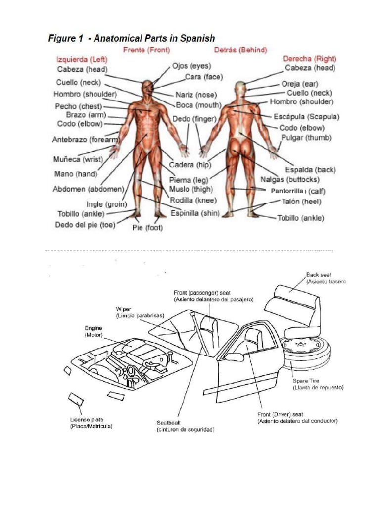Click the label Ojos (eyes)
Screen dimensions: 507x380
(x=191, y=66)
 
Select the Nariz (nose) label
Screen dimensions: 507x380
(x=195, y=95)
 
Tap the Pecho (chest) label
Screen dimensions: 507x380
(x=79, y=106)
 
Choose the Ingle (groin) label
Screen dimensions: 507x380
(x=107, y=204)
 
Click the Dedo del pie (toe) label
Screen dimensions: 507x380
(x=85, y=225)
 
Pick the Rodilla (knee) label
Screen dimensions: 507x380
(x=191, y=200)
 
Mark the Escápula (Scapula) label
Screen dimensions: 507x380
(x=306, y=117)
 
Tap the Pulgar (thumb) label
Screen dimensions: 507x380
(x=306, y=138)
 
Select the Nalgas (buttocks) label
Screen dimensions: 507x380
(x=290, y=179)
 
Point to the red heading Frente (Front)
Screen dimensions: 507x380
(x=146, y=50)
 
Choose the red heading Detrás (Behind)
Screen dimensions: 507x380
(x=240, y=50)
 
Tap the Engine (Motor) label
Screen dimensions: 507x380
(x=94, y=331)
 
